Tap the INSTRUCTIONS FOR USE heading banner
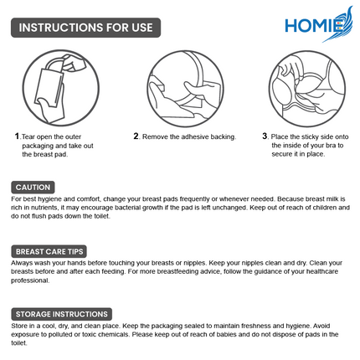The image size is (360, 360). tap(86, 27)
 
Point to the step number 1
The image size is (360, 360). tap(17, 136)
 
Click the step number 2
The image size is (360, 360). tap(136, 136)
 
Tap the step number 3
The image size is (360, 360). tap(265, 136)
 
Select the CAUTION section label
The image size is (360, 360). tap(34, 187)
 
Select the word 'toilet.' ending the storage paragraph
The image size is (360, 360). tap(20, 343)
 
